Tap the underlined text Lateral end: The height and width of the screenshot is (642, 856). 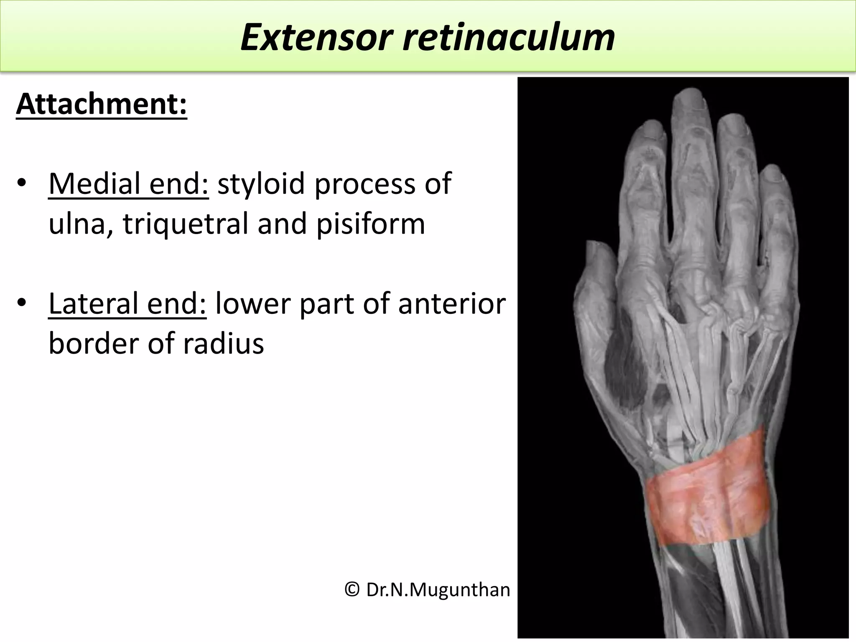127,303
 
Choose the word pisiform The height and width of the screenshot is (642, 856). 370,224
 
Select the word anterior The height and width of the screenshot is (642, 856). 452,303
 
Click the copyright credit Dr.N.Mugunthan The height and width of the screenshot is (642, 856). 428,590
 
